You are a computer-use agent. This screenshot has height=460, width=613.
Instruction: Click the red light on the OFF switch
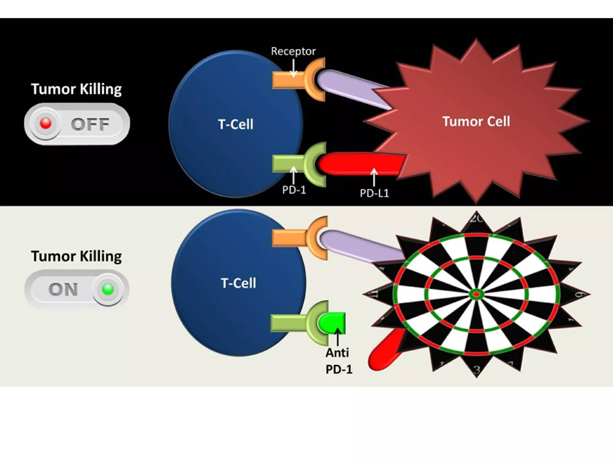[x=45, y=123]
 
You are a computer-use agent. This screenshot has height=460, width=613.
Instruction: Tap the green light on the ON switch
[x=108, y=289]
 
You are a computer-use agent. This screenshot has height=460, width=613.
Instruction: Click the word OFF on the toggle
[x=90, y=124]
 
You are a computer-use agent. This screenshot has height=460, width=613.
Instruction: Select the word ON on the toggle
[x=63, y=290]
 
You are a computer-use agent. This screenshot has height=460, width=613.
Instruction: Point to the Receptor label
[x=293, y=51]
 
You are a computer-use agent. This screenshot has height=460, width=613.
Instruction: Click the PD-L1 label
[x=374, y=193]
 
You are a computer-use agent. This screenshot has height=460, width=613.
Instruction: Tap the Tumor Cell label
[x=476, y=122]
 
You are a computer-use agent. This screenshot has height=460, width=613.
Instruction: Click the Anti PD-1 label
[x=338, y=361]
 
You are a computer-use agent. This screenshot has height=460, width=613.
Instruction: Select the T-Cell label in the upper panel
[x=236, y=124]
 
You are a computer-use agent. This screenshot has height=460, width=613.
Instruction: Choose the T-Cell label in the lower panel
[x=238, y=283]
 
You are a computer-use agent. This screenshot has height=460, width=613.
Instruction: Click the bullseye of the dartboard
[x=477, y=295]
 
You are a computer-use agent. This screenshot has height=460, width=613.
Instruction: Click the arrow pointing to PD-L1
[x=374, y=177]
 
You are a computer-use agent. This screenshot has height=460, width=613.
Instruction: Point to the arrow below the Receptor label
[x=294, y=68]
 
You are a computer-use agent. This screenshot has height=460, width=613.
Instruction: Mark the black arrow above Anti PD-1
[x=338, y=337]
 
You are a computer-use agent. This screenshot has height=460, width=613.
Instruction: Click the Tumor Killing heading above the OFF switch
[x=76, y=89]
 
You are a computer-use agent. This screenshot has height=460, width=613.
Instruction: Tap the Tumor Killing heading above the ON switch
[x=76, y=256]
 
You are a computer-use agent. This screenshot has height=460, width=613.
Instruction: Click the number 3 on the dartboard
[x=477, y=370]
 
